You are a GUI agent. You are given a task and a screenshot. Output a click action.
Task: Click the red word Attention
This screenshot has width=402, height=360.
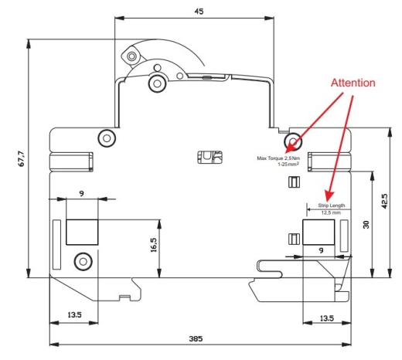(353, 83)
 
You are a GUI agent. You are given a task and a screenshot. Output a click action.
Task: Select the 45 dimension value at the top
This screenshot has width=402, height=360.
(199, 12)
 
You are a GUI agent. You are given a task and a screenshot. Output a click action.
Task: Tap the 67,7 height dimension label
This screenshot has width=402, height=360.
(22, 158)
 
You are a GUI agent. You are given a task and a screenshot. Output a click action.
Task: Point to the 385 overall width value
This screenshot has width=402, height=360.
(196, 338)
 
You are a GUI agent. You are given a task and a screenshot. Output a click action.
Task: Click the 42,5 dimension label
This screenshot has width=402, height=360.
(384, 201)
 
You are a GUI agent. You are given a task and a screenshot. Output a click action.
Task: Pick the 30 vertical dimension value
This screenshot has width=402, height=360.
(366, 225)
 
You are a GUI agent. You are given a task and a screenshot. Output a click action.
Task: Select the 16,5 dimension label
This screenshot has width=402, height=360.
(154, 245)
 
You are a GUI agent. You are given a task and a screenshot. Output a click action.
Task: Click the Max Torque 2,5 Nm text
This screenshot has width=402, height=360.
(278, 158)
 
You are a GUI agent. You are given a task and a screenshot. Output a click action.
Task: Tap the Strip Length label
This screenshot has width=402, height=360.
(331, 205)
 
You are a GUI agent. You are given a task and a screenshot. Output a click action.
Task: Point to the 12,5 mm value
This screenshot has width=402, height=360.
(331, 212)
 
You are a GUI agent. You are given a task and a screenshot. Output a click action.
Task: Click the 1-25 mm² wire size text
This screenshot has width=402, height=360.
(288, 164)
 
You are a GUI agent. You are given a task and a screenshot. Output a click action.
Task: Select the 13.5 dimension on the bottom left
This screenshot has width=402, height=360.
(74, 314)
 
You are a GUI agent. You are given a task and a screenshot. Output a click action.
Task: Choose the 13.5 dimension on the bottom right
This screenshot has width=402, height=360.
(327, 318)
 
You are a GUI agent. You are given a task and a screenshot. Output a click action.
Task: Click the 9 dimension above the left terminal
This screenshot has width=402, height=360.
(82, 193)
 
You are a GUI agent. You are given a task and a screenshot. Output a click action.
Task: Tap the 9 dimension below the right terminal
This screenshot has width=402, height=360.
(321, 250)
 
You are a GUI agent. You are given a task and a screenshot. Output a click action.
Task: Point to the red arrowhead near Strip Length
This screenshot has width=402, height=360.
(329, 196)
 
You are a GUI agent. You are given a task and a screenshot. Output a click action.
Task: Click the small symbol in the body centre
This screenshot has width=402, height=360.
(210, 157)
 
